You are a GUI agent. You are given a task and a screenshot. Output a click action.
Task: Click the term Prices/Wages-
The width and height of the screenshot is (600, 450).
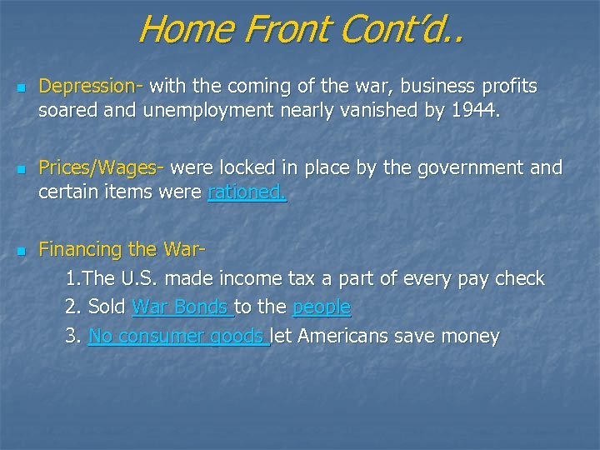[102, 167]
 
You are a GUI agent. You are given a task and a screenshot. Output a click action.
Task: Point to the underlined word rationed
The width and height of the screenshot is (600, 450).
[247, 192]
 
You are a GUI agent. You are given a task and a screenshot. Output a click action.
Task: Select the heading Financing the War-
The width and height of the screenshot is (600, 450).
[122, 249]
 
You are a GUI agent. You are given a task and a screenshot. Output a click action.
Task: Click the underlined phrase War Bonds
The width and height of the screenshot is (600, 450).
[181, 307]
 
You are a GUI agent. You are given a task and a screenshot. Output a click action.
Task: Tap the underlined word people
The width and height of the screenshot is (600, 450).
[322, 307]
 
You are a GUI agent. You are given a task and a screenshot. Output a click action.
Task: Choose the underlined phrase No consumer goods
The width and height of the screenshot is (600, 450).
[177, 337]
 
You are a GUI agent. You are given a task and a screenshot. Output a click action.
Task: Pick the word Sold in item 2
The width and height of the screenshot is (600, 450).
[106, 307]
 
